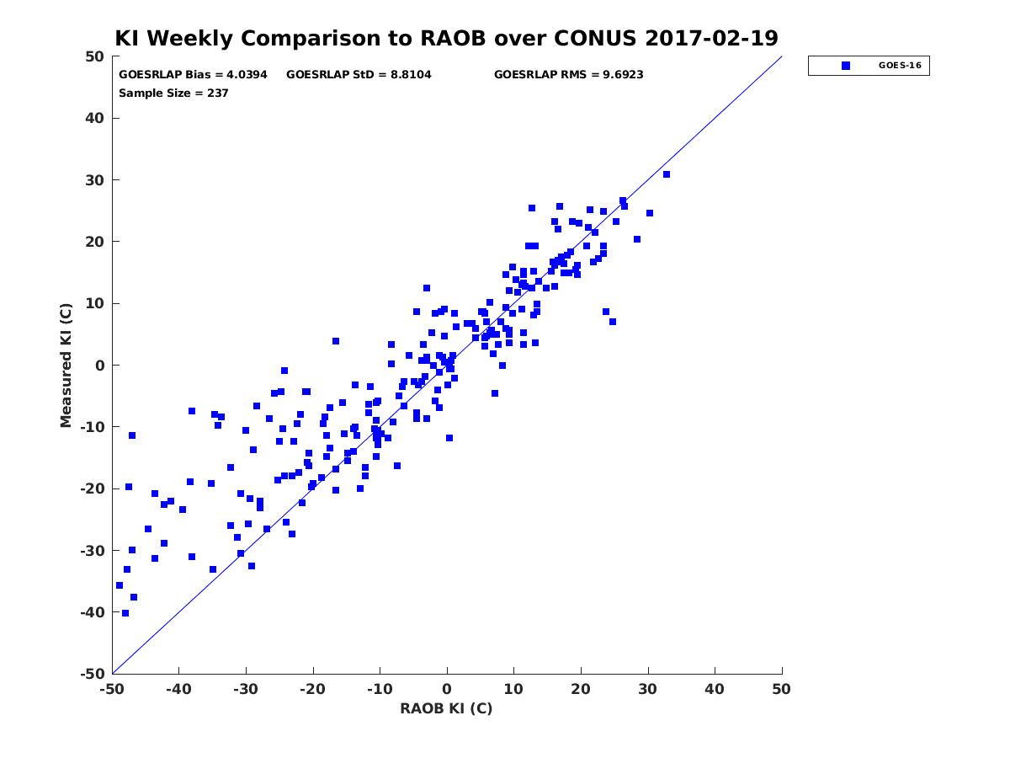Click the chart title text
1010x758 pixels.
coord(446,38)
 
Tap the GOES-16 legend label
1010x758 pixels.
coord(899,66)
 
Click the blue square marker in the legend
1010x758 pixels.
coord(845,66)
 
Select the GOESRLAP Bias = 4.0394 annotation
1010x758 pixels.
coord(193,75)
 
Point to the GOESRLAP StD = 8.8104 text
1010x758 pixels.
coord(359,75)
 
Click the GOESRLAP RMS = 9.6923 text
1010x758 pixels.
coord(568,75)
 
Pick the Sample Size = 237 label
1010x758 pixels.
coord(173,93)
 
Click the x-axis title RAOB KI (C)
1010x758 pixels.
coord(446,708)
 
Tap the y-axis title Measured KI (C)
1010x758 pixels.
coord(66,365)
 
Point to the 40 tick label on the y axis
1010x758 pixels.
coord(95,118)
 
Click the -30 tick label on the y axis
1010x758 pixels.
coord(92,551)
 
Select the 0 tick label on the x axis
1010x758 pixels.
coord(447,689)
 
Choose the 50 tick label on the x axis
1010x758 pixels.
coord(781,689)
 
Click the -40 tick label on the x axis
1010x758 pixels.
coord(178,689)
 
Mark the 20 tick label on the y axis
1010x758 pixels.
coord(95,242)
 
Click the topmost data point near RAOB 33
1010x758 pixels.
coord(667,174)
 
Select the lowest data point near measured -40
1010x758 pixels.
coord(125,613)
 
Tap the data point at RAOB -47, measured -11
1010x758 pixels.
coord(132,435)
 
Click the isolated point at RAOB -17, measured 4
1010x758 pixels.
coord(336,341)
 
